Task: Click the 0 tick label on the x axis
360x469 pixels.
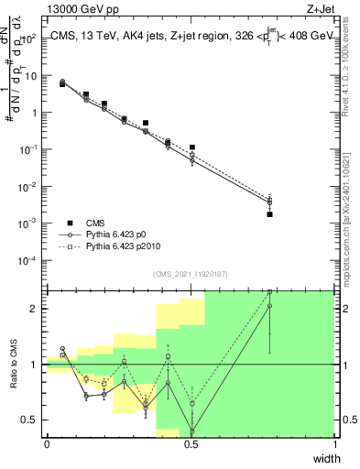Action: (47, 444)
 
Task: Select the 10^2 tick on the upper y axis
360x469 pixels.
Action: (30, 39)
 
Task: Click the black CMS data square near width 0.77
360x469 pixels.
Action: (269, 213)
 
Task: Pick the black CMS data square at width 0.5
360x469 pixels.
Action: (192, 147)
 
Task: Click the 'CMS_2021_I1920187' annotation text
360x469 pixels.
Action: (190, 273)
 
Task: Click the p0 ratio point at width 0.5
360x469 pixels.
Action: (192, 431)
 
